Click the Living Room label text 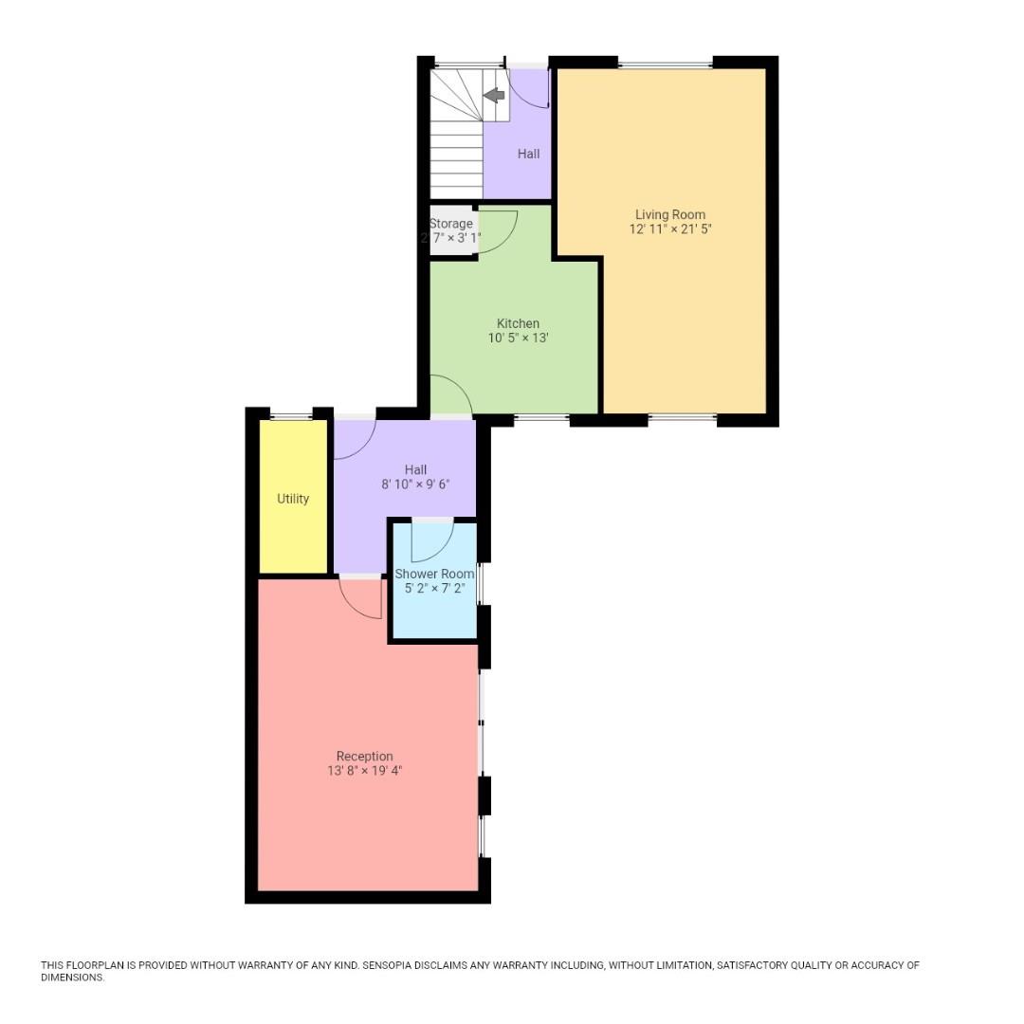click(x=669, y=214)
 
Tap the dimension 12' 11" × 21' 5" click(x=669, y=229)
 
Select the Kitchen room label click(x=518, y=323)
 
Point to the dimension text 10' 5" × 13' click(x=518, y=338)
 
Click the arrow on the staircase click(x=494, y=95)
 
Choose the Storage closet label click(x=451, y=224)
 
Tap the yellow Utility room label click(x=293, y=499)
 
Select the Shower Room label click(x=434, y=574)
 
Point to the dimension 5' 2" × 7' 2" click(x=434, y=589)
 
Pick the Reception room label click(x=364, y=756)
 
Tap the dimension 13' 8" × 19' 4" click(x=364, y=771)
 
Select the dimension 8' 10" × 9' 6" click(x=415, y=485)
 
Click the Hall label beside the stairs click(x=528, y=154)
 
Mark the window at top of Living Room click(x=665, y=64)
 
